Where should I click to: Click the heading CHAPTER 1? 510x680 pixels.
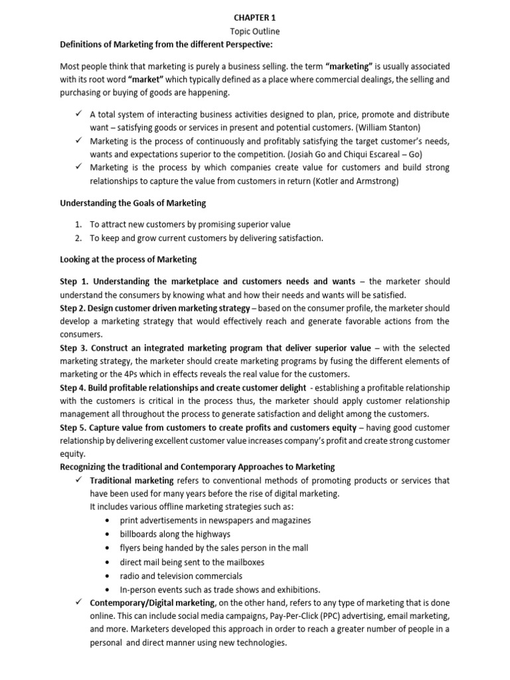pyautogui.click(x=254, y=19)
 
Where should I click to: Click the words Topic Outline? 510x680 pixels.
pyautogui.click(x=254, y=31)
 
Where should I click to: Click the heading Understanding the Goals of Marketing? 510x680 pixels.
pyautogui.click(x=133, y=203)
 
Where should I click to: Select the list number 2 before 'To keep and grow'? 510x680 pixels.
pyautogui.click(x=78, y=238)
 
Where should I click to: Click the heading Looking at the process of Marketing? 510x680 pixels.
pyautogui.click(x=127, y=259)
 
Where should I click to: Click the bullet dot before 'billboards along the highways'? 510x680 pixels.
pyautogui.click(x=108, y=535)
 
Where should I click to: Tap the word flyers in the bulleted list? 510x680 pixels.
pyautogui.click(x=130, y=548)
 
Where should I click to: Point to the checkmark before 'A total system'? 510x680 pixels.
pyautogui.click(x=78, y=114)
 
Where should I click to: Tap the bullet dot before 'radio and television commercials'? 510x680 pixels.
pyautogui.click(x=108, y=576)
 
